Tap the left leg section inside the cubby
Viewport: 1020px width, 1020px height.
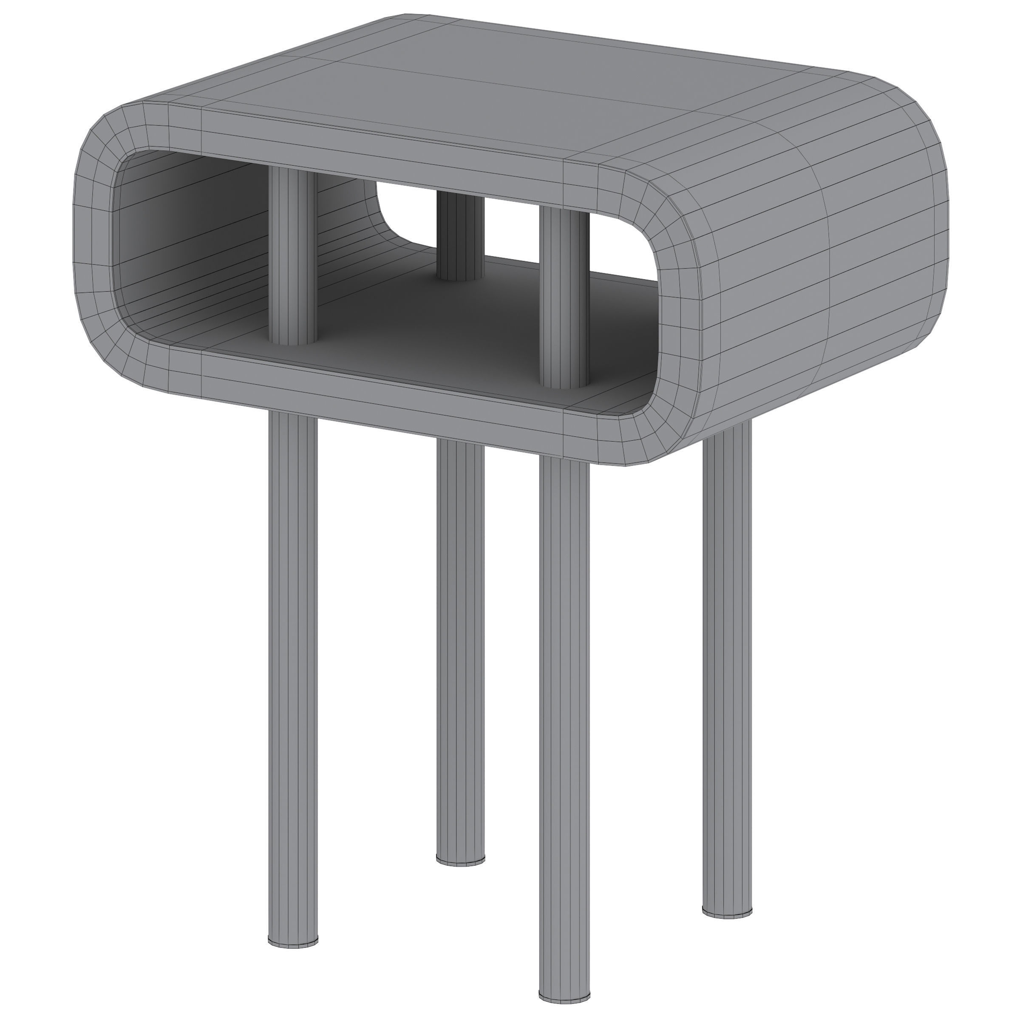pyautogui.click(x=293, y=253)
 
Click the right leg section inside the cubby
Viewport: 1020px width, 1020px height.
pyautogui.click(x=564, y=296)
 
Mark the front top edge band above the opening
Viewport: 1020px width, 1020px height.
pyautogui.click(x=370, y=153)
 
